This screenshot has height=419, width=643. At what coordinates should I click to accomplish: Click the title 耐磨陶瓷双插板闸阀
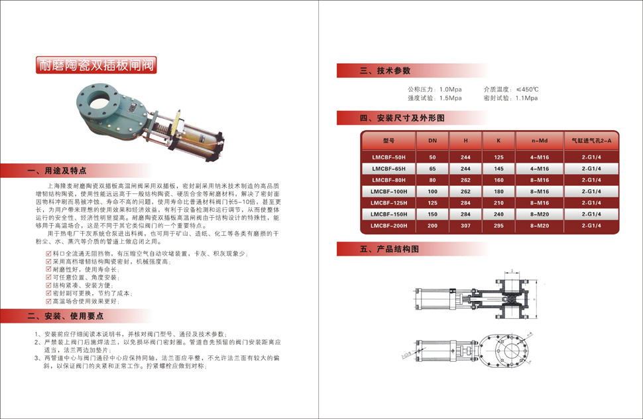point(96,65)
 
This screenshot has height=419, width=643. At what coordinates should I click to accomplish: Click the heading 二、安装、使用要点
point(66,315)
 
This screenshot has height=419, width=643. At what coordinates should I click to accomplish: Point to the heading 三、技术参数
point(385,70)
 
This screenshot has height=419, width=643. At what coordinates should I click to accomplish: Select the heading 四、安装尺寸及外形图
point(402,118)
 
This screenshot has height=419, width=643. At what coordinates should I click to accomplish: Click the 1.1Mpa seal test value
point(526,98)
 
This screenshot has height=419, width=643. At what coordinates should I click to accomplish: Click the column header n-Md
point(540,141)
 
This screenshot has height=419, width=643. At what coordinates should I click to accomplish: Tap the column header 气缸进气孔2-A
point(591,141)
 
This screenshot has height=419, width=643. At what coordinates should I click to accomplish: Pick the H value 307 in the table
point(466,226)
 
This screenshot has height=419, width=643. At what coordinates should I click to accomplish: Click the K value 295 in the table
point(498,226)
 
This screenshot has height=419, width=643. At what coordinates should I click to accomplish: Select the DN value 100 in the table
point(432,191)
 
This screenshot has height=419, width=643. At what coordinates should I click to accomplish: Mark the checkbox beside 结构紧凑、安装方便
point(48,285)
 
